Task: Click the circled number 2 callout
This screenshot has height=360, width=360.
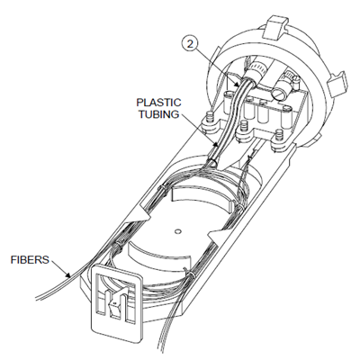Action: click(x=190, y=44)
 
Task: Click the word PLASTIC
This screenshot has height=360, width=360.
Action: click(x=158, y=103)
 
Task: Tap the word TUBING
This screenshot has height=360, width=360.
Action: click(x=159, y=114)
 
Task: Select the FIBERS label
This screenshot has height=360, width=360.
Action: click(x=30, y=259)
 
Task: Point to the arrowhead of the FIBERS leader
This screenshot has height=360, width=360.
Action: click(x=68, y=274)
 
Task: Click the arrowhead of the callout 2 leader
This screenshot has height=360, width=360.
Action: click(x=238, y=85)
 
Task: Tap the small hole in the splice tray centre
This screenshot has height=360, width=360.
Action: click(x=178, y=231)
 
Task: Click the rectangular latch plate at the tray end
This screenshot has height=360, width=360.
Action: click(x=115, y=303)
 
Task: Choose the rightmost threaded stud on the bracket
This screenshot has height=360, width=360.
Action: click(x=279, y=135)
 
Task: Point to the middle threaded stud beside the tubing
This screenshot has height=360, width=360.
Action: click(x=244, y=126)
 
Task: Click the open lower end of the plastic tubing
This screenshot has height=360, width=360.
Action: click(x=213, y=163)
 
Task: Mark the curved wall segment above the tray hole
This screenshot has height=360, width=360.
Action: click(x=201, y=197)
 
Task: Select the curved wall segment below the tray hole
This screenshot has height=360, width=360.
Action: click(x=158, y=252)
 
